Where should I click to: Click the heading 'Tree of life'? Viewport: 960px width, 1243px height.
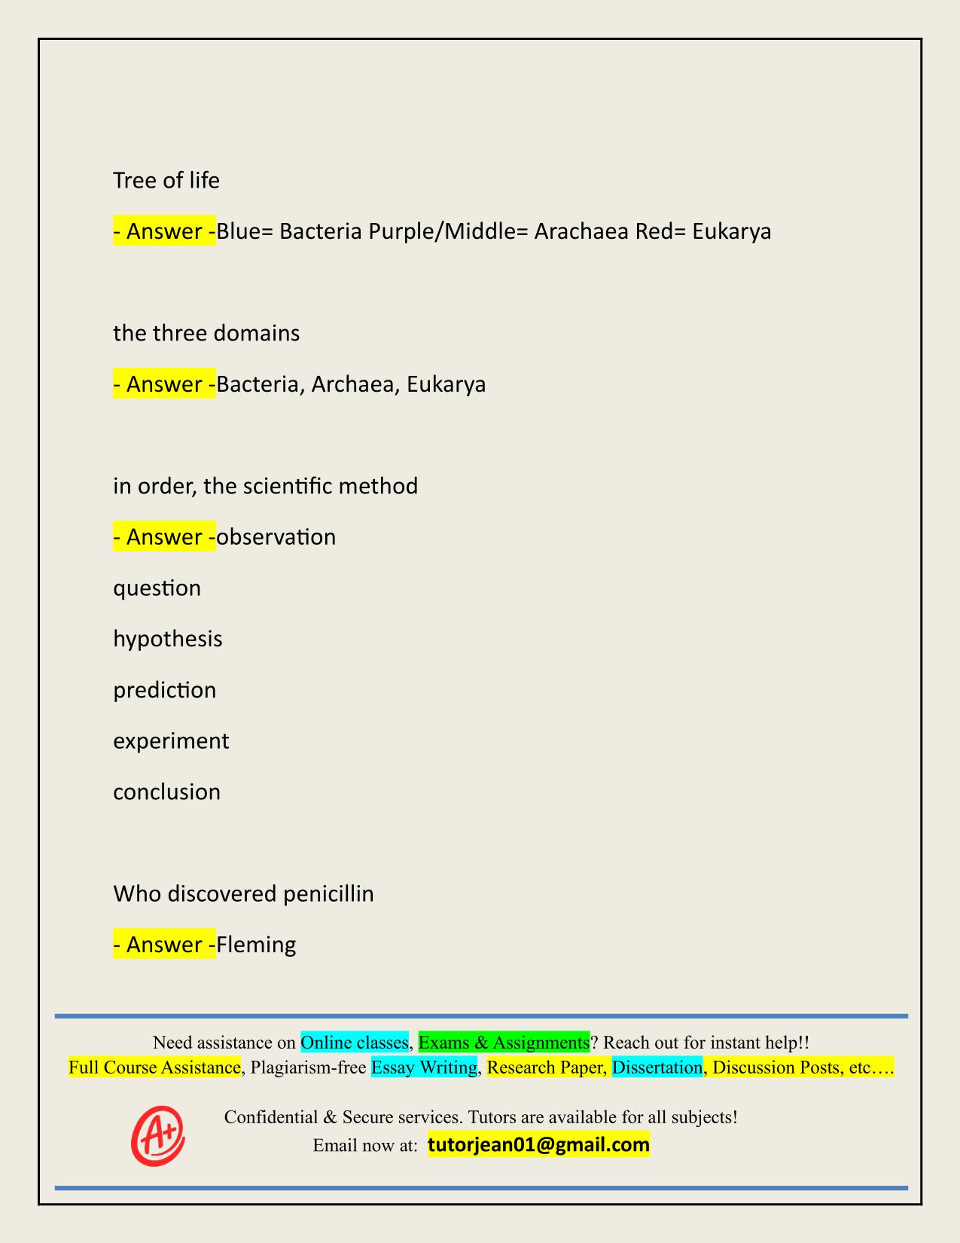[166, 181]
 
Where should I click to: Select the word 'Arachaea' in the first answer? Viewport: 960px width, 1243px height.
[581, 231]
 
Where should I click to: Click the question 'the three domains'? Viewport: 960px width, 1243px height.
[206, 333]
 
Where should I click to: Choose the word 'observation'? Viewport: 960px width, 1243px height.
[276, 537]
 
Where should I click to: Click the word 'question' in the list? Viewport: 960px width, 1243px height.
[157, 588]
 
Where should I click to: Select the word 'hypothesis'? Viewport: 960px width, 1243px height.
[168, 639]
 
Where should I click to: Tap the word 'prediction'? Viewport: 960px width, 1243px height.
[165, 690]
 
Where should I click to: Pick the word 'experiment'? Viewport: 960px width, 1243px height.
[171, 741]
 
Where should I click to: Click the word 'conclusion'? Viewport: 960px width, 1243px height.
[167, 793]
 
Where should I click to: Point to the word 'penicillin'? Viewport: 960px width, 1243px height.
[329, 894]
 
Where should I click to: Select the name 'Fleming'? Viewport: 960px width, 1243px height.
[256, 945]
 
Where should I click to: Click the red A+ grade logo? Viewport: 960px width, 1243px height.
[158, 1135]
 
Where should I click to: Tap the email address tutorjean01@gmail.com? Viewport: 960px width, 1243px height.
[538, 1145]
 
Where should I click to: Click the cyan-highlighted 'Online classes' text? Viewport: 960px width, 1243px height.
[355, 1043]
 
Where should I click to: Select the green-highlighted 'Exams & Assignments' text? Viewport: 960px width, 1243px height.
[504, 1043]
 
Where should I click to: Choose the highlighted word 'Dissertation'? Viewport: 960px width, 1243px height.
[657, 1067]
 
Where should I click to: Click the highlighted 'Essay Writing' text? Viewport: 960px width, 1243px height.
[425, 1067]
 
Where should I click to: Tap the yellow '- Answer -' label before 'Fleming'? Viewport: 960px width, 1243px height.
[164, 945]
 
